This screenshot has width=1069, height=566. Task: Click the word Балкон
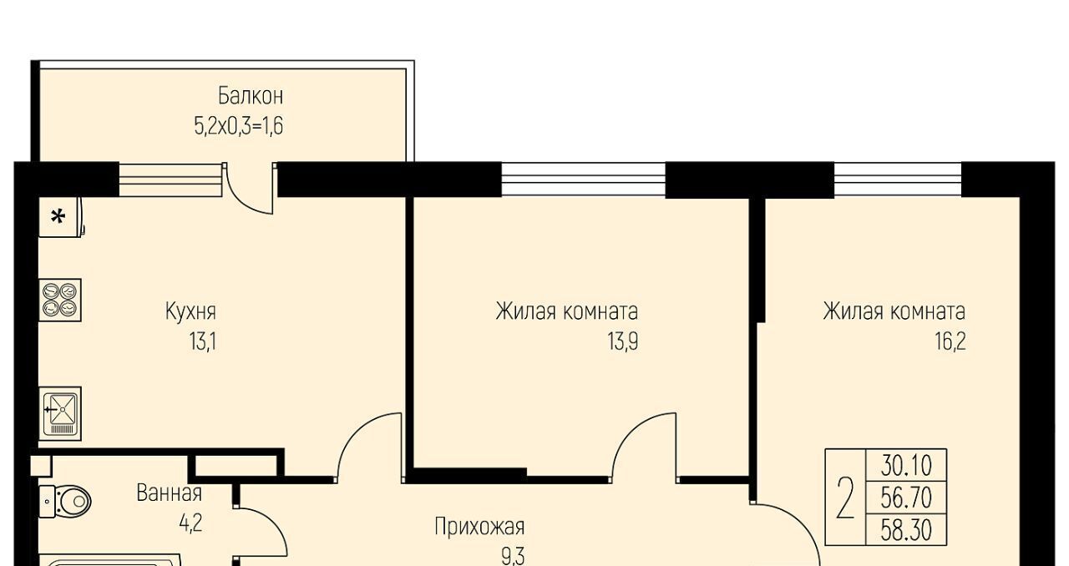click(251, 96)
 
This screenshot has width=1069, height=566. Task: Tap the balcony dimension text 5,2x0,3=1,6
click(239, 126)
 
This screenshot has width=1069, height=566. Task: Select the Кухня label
click(190, 311)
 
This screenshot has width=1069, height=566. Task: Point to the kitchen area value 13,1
click(203, 341)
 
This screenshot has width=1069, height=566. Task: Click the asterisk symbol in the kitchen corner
click(58, 218)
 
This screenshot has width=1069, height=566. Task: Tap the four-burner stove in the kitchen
click(60, 301)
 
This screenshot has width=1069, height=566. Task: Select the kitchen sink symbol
click(60, 414)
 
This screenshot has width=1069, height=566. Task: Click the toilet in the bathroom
click(65, 502)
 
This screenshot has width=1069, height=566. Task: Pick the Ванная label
click(170, 493)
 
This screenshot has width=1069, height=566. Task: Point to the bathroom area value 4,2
click(191, 523)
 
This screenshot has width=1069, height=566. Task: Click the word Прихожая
click(479, 528)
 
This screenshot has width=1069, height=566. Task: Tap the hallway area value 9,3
click(513, 557)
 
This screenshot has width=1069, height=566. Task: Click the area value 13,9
click(623, 341)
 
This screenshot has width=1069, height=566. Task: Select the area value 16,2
click(950, 341)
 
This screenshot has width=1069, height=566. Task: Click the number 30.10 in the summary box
click(906, 466)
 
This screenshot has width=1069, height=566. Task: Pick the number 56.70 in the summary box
click(906, 498)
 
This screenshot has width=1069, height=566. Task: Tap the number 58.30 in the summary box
click(906, 530)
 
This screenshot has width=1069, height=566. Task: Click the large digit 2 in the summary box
click(845, 498)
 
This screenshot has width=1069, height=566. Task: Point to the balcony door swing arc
click(242, 200)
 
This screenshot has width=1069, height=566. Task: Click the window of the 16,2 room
click(898, 179)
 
